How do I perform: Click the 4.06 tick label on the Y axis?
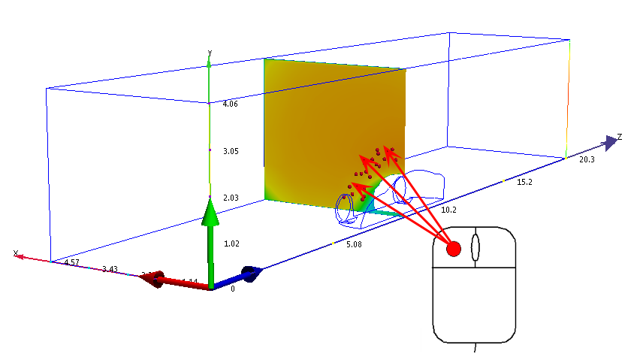[x=230, y=104]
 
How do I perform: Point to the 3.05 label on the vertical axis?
[x=230, y=151]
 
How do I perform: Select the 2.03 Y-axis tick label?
[x=230, y=198]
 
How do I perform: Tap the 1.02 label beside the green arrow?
[x=231, y=244]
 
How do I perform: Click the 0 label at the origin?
[x=232, y=289]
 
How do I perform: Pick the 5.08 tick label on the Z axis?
[x=355, y=244]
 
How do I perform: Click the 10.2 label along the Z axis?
[x=449, y=210]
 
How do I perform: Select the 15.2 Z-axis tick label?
[x=525, y=182]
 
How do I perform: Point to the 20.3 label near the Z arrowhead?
[x=587, y=159]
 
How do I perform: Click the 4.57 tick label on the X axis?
[x=71, y=262]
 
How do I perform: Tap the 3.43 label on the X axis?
[x=110, y=268]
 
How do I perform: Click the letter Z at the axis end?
[x=620, y=137]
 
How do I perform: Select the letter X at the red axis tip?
[x=15, y=253]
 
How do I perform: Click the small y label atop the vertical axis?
[x=210, y=52]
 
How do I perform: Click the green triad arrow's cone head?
[x=211, y=211]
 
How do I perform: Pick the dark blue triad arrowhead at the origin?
[x=253, y=274]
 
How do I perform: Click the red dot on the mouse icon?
[x=454, y=249]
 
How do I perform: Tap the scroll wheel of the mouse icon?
[x=474, y=248]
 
